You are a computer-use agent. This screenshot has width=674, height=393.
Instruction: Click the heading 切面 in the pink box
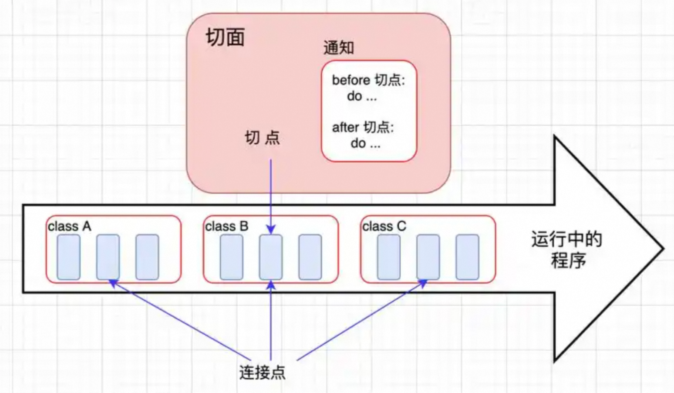point(225,37)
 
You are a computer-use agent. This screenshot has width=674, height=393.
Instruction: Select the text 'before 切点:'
point(368,80)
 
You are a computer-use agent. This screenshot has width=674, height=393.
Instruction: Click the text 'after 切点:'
point(363,127)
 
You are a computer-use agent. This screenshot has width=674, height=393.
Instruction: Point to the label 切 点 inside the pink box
point(262,138)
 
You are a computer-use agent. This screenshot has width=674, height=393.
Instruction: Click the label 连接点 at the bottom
point(262,372)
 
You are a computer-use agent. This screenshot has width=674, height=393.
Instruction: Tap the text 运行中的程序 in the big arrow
point(566,250)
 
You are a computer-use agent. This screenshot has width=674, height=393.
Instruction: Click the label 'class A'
point(69,227)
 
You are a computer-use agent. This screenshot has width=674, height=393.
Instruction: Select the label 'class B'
point(226,227)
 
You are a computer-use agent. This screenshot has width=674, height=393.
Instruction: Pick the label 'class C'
point(384,227)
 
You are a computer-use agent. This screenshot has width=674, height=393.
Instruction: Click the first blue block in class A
point(69,257)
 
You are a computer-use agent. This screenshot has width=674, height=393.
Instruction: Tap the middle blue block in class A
point(108,257)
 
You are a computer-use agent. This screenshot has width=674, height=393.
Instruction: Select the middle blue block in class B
point(271,257)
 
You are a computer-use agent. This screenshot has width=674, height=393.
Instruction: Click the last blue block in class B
point(310,257)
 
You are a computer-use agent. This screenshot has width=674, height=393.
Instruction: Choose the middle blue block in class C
point(428,257)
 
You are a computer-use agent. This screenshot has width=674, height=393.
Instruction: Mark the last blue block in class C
point(467,257)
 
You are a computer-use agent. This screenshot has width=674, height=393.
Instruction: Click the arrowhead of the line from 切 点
point(271,230)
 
